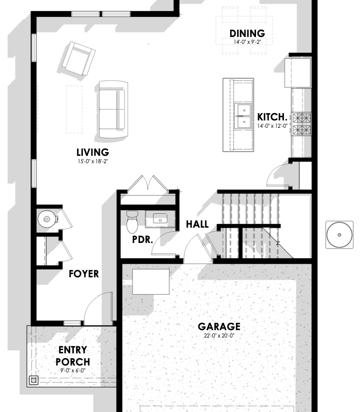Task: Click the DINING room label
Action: tap(247, 33)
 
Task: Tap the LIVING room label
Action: tap(93, 153)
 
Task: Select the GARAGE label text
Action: tap(219, 326)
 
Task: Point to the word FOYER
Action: tap(84, 274)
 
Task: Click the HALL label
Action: tap(197, 224)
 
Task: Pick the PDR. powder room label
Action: tap(143, 240)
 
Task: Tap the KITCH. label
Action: tap(272, 117)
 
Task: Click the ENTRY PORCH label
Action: tap(73, 356)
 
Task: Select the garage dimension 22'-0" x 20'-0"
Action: tap(219, 335)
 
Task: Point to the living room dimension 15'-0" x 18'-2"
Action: tap(93, 161)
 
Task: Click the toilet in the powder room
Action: tap(132, 222)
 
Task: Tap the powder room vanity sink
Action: tap(160, 219)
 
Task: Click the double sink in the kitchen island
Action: tap(244, 116)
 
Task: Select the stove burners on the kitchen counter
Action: tap(302, 124)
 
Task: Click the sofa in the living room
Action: tap(113, 109)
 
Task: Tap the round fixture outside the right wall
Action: tap(339, 235)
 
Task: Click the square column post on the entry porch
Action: tap(34, 380)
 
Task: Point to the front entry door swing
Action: tap(99, 307)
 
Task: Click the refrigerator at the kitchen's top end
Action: tap(298, 73)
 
